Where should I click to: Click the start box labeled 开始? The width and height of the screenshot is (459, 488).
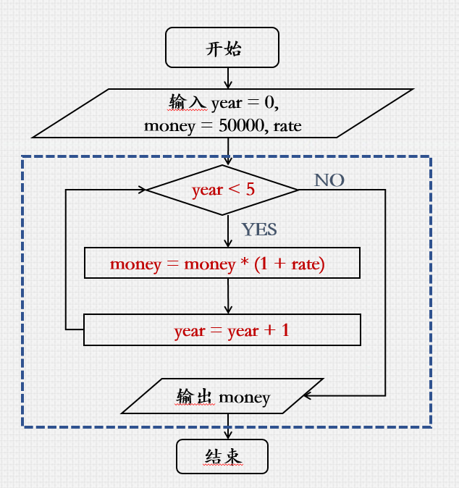[x=222, y=48]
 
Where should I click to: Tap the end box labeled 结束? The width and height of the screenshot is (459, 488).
[x=222, y=457]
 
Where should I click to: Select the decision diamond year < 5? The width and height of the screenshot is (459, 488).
[x=222, y=190]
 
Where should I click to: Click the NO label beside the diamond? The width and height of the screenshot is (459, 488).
[x=329, y=180]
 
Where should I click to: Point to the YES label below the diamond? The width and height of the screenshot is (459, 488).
[x=259, y=230]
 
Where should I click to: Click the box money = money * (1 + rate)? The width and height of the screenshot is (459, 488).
[x=222, y=264]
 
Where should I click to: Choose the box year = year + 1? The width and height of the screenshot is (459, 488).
[x=222, y=331]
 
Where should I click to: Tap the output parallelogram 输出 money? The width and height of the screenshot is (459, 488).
[x=223, y=397]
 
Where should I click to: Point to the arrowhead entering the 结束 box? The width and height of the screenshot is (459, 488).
[x=228, y=435]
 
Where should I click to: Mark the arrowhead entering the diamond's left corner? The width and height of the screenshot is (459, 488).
[x=142, y=190]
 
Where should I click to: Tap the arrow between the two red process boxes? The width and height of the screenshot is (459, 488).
[x=228, y=296]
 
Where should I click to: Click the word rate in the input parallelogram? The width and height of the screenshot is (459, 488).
[x=287, y=126]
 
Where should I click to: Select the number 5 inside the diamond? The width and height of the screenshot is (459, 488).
[x=250, y=190]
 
